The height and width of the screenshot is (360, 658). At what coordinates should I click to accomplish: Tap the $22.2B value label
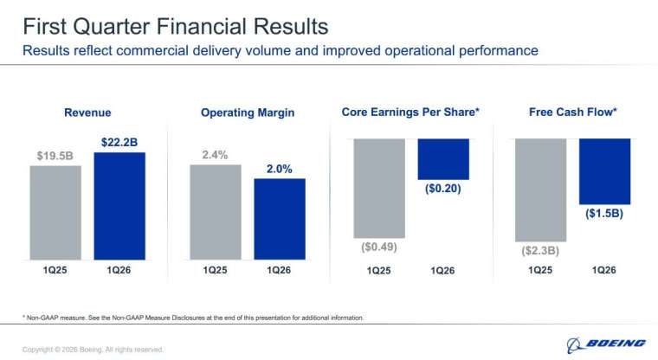pyautogui.click(x=119, y=141)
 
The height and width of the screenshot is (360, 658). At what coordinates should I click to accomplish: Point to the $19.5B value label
pyautogui.click(x=56, y=156)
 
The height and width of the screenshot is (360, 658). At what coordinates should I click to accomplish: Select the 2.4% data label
pyautogui.click(x=216, y=155)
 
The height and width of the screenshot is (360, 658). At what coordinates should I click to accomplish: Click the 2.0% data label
pyautogui.click(x=279, y=169)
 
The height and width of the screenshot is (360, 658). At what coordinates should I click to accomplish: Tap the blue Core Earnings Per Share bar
pyautogui.click(x=442, y=158)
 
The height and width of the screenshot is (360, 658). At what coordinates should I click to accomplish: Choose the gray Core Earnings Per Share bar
pyautogui.click(x=379, y=188)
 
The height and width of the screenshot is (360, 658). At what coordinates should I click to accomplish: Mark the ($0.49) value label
pyautogui.click(x=379, y=247)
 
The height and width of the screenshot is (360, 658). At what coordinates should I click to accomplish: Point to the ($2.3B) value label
pyautogui.click(x=540, y=251)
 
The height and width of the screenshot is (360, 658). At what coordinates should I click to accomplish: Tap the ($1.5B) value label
pyautogui.click(x=604, y=212)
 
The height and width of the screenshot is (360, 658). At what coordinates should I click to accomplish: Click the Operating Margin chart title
pyautogui.click(x=248, y=112)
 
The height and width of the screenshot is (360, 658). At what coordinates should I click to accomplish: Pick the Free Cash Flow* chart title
pyautogui.click(x=572, y=112)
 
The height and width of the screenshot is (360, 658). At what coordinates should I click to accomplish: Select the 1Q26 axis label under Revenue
pyautogui.click(x=119, y=271)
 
